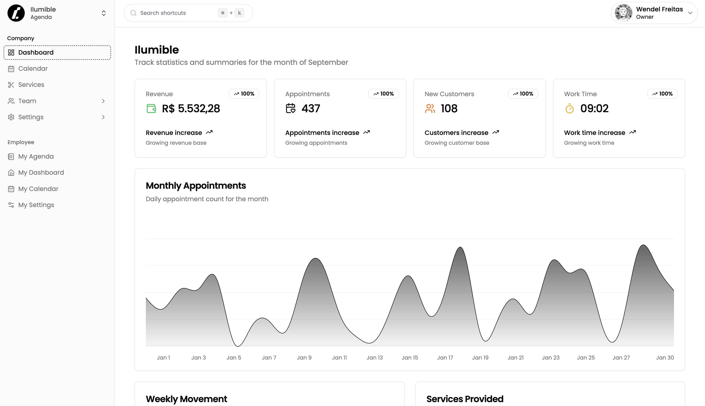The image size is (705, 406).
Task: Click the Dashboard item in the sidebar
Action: click(57, 52)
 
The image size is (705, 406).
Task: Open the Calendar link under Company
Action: click(33, 69)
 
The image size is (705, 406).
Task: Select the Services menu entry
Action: click(31, 85)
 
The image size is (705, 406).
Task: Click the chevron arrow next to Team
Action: click(103, 101)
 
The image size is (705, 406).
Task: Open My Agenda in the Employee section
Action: click(36, 157)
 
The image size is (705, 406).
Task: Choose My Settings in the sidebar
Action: click(36, 205)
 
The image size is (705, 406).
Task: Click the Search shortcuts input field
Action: click(176, 13)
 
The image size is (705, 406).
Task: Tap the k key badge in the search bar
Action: click(239, 13)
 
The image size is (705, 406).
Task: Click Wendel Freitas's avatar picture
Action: click(623, 13)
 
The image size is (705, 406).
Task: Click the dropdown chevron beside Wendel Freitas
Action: click(690, 13)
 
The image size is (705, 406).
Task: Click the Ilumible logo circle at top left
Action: click(16, 13)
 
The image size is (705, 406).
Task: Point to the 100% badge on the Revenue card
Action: click(244, 94)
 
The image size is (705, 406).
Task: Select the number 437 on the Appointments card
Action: click(311, 108)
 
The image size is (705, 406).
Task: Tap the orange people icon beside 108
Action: click(430, 108)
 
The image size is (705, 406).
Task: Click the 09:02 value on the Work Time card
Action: click(594, 108)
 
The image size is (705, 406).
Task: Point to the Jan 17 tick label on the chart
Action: click(445, 357)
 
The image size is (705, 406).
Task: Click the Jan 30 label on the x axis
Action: click(665, 357)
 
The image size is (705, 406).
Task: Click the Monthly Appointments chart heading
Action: click(196, 186)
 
